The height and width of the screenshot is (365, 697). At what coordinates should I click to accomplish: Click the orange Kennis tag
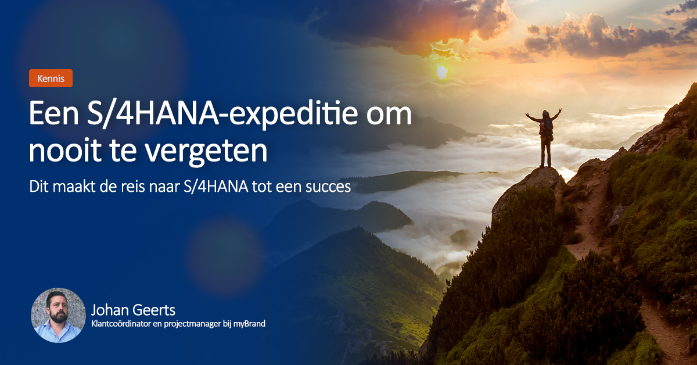pyautogui.click(x=51, y=78)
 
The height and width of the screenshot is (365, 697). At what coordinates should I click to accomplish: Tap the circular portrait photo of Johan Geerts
pyautogui.click(x=58, y=315)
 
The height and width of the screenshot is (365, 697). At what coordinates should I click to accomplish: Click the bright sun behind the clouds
pyautogui.click(x=442, y=71)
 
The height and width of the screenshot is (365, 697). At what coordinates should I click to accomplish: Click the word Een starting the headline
pyautogui.click(x=48, y=115)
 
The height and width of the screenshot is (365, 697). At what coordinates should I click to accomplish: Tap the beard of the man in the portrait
pyautogui.click(x=59, y=319)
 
